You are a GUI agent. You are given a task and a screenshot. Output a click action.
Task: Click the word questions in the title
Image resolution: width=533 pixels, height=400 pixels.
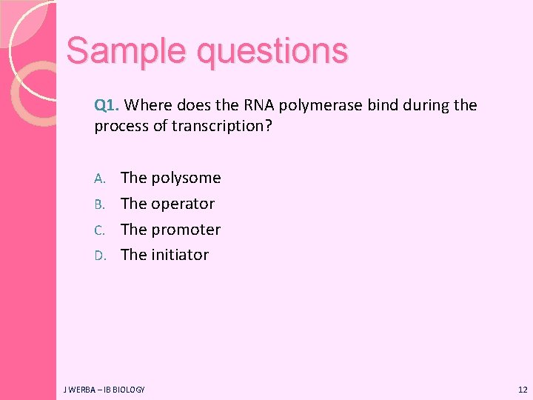[272, 52]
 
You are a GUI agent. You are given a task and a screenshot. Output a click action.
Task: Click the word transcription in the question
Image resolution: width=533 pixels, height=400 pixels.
[221, 127]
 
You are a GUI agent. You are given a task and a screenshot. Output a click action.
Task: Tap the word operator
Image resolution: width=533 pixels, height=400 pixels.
[182, 204]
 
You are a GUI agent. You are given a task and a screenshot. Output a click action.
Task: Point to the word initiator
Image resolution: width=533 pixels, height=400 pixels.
[179, 255]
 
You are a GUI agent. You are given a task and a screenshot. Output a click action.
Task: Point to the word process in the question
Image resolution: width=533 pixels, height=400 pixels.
[121, 127]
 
